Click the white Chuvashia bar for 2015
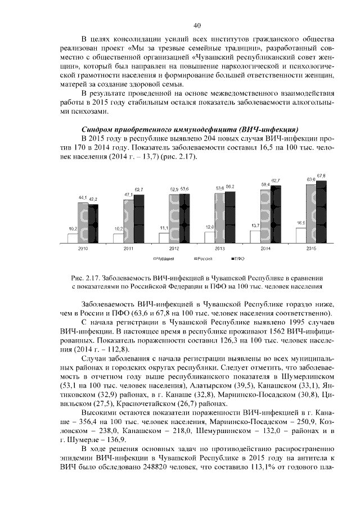[x=300, y=235]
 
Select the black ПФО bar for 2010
[x=93, y=223]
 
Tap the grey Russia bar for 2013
[x=219, y=218]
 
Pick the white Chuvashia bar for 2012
[x=164, y=237]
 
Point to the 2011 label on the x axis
[x=128, y=247]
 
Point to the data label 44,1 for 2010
[x=82, y=198]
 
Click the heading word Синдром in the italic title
[x=100, y=128]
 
